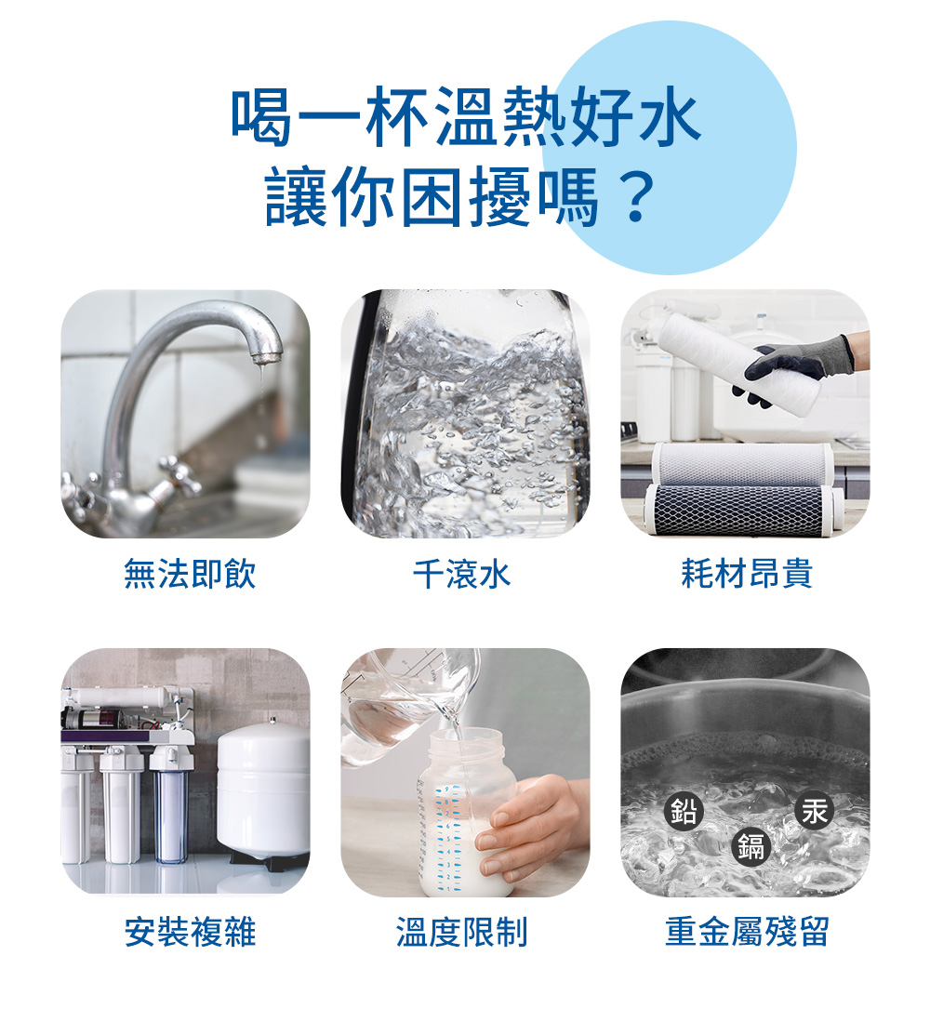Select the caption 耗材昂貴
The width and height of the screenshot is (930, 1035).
tap(746, 574)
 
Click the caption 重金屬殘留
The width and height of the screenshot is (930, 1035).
tap(746, 931)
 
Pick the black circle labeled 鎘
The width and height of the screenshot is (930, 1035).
tap(751, 846)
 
